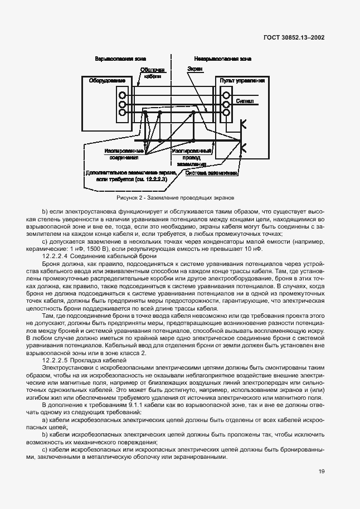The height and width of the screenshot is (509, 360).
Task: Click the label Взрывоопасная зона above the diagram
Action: pyautogui.click(x=118, y=58)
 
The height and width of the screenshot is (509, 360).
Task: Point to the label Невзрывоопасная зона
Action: pyautogui.click(x=223, y=58)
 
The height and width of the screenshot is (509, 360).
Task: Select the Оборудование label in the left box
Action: pyautogui.click(x=106, y=81)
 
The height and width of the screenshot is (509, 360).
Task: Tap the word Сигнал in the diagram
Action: pyautogui.click(x=245, y=102)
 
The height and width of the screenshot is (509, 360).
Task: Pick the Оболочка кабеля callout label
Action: pyautogui.click(x=152, y=73)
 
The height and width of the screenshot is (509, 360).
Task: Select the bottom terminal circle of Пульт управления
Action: pyautogui.click(x=226, y=113)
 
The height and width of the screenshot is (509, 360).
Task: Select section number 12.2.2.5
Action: pyautogui.click(x=55, y=361)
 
